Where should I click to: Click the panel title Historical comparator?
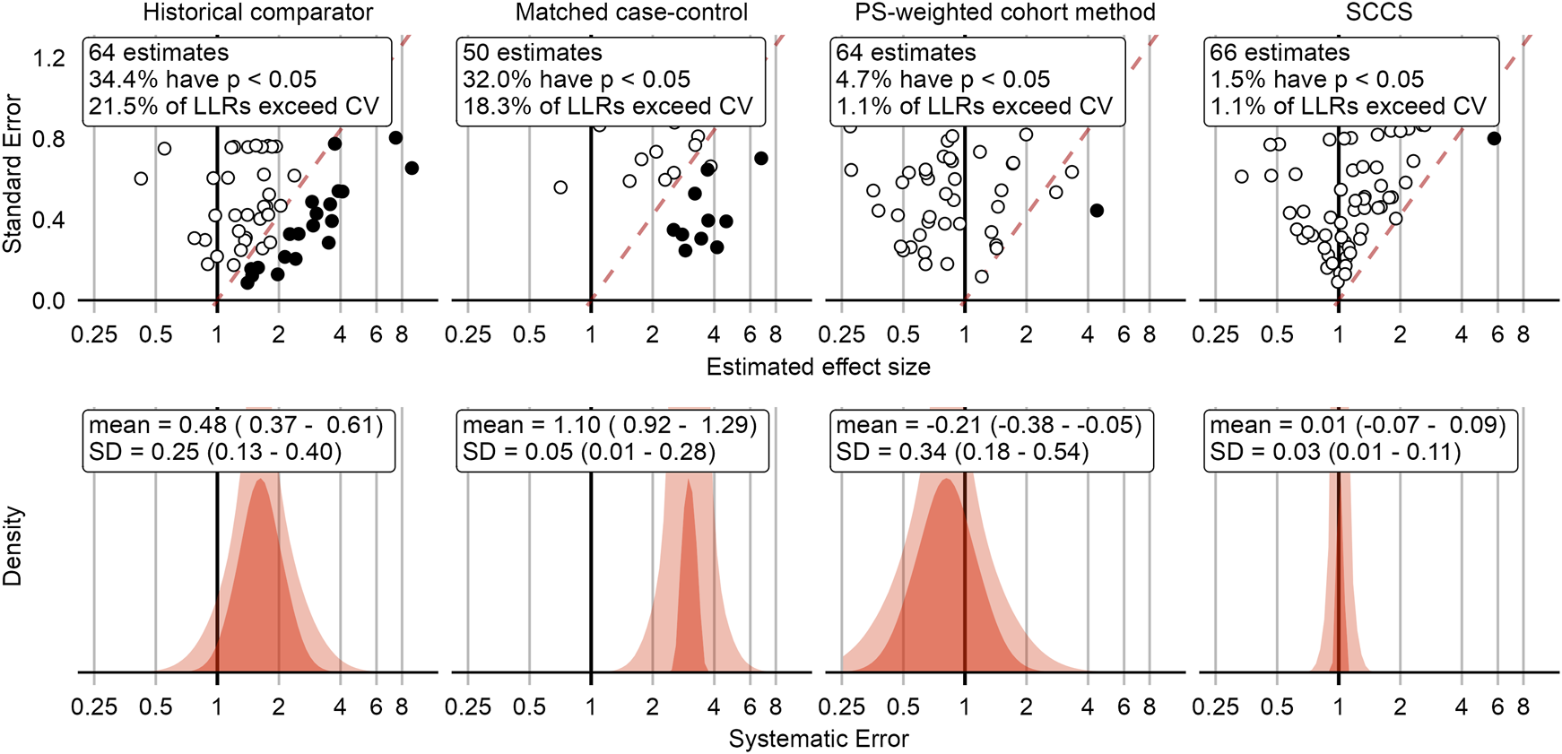coord(258,13)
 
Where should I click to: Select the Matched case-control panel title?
coord(631,13)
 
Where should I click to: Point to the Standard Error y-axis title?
coord(13,174)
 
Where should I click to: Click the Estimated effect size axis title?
coord(818,367)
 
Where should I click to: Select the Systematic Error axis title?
coord(818,739)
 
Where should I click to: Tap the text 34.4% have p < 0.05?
coord(203,80)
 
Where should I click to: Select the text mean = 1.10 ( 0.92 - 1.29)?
coord(610,425)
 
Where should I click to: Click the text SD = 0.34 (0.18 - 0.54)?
coord(962,452)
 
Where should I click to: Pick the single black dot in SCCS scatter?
coord(1494,138)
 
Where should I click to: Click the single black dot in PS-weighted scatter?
coord(1097,211)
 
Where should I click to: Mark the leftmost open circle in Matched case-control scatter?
coord(560,187)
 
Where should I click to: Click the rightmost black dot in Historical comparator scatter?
coord(412,169)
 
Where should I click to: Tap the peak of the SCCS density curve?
coord(1339,475)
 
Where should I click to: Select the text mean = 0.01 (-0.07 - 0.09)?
coord(1358,425)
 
